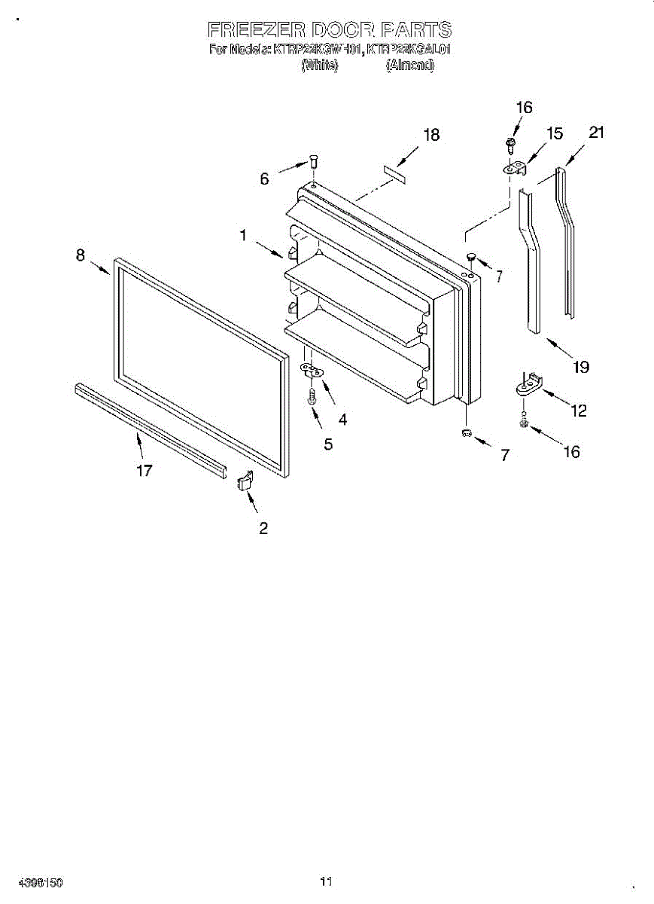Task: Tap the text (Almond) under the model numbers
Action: click(410, 65)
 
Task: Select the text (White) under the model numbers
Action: click(320, 65)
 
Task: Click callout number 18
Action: click(431, 136)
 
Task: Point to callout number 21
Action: click(597, 133)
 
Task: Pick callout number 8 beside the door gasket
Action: click(81, 255)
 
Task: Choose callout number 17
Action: click(144, 471)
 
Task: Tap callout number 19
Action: click(579, 368)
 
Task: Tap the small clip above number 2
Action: click(244, 480)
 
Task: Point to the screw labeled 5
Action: click(312, 396)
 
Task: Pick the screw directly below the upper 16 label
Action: click(511, 143)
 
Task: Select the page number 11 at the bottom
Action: click(326, 881)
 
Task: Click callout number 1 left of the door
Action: click(243, 235)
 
